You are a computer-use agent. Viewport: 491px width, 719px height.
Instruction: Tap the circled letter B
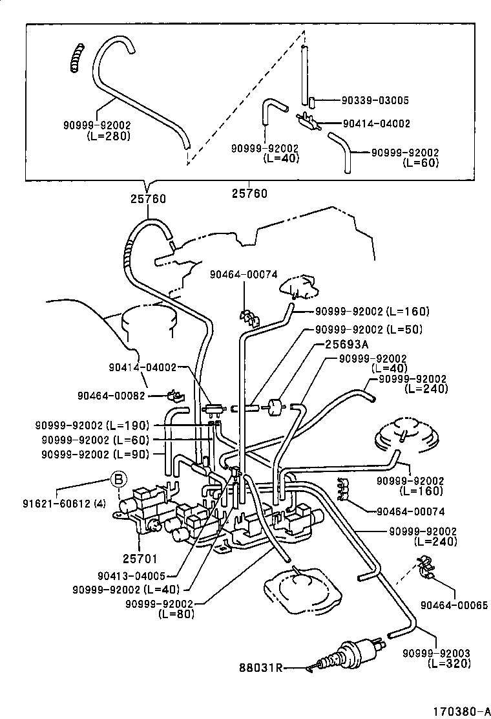118,480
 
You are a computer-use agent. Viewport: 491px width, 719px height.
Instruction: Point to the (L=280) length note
108,136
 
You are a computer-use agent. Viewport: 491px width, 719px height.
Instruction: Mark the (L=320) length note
440,663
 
